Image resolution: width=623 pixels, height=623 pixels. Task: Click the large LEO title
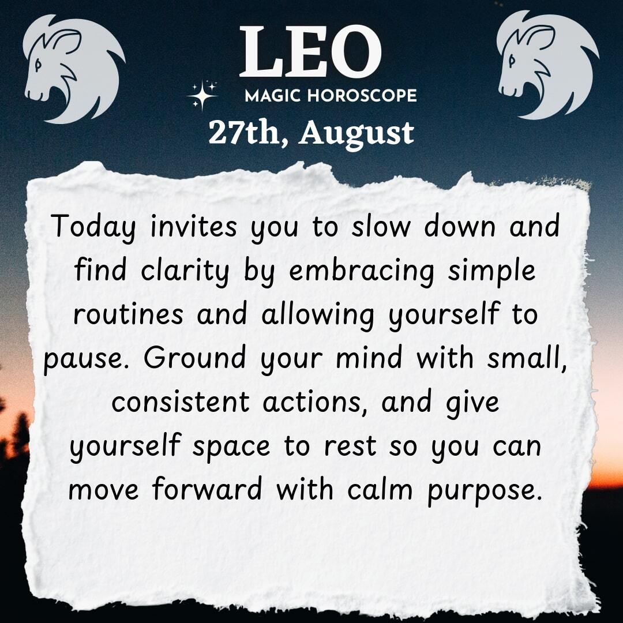(x=310, y=52)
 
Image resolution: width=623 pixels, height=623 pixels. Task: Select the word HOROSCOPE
(x=362, y=96)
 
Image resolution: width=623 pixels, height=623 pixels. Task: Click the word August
(x=356, y=134)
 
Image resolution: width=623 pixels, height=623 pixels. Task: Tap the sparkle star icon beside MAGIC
(x=202, y=95)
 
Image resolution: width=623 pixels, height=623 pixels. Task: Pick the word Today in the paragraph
(x=93, y=227)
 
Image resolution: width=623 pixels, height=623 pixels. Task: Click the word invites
(x=193, y=226)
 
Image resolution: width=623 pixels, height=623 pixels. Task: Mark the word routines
(x=128, y=313)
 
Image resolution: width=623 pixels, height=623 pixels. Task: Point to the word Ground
(x=195, y=357)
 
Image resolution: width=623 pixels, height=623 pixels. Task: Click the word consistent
(x=181, y=401)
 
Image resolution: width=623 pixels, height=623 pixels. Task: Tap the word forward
(x=207, y=489)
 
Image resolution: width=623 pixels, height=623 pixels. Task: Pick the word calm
(x=380, y=489)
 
